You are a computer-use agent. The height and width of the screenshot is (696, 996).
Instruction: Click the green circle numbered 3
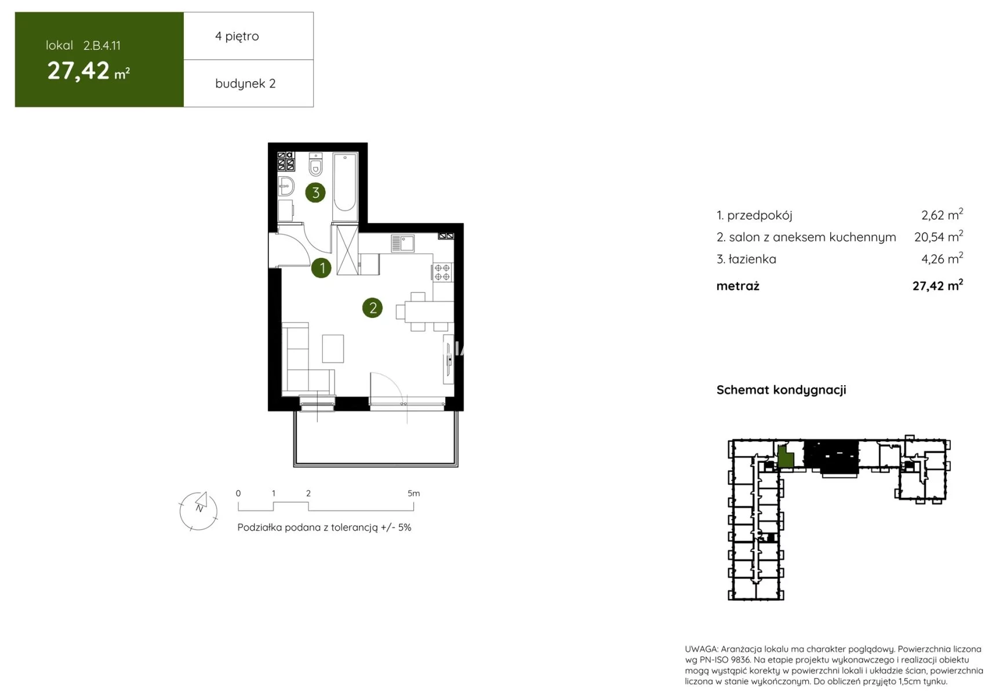(315, 193)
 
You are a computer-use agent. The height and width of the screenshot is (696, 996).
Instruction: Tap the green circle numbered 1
(321, 268)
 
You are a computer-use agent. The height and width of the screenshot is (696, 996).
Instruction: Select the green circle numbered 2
(372, 308)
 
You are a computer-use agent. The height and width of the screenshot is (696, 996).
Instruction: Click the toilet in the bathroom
(315, 165)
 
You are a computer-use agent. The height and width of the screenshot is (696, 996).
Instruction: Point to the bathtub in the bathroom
(345, 183)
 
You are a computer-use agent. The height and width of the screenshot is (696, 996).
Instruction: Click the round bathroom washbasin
(286, 186)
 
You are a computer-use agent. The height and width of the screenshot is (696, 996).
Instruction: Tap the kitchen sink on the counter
(402, 243)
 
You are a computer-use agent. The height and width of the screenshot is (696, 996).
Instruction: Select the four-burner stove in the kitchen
(442, 273)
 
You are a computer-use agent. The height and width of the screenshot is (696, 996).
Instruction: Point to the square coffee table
(333, 349)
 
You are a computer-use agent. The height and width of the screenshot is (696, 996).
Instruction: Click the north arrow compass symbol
(198, 511)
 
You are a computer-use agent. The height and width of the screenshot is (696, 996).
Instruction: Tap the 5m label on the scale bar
(413, 494)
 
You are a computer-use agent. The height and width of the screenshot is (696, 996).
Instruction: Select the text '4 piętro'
(237, 36)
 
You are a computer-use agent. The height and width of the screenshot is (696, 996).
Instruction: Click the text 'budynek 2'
(245, 84)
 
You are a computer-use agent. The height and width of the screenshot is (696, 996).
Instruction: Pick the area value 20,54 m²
(939, 236)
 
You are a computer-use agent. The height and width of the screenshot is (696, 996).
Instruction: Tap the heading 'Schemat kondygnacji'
(781, 390)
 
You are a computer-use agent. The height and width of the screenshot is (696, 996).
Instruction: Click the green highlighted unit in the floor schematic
(785, 457)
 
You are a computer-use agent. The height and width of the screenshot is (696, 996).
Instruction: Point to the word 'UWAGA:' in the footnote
(701, 649)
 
